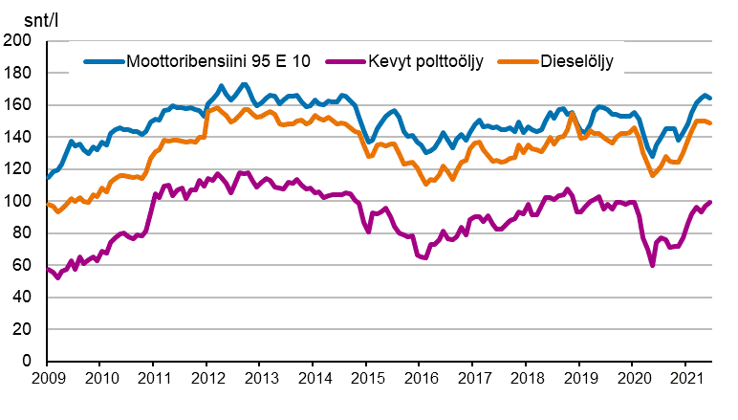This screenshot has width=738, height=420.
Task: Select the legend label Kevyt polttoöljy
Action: click(425, 62)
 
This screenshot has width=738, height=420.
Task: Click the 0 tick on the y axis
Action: click(27, 362)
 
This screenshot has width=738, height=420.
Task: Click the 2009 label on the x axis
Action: click(48, 380)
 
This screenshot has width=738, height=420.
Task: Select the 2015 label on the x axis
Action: click(366, 380)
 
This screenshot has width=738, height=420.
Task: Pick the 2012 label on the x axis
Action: click(207, 380)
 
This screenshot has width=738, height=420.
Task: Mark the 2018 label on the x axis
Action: click(526, 380)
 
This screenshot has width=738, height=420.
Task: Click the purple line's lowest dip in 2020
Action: click(652, 264)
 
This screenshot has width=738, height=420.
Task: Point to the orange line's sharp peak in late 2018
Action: click(572, 114)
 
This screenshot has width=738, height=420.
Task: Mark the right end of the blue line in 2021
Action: click(709, 98)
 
